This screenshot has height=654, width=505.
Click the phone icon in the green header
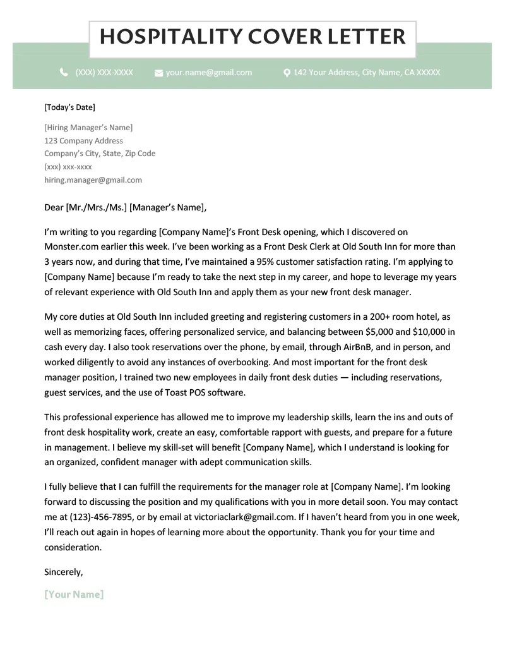pos(64,73)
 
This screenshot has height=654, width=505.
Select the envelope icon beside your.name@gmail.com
pos(158,73)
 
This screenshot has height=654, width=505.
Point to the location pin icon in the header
pos(287,73)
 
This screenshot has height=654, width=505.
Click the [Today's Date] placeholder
pos(69,107)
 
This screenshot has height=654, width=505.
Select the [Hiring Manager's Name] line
pos(88,128)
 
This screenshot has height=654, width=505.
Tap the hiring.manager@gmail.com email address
pos(93,180)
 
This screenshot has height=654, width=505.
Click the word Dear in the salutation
pos(54,207)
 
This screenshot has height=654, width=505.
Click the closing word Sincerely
pos(63,572)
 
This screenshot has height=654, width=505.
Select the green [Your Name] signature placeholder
pos(74,595)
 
